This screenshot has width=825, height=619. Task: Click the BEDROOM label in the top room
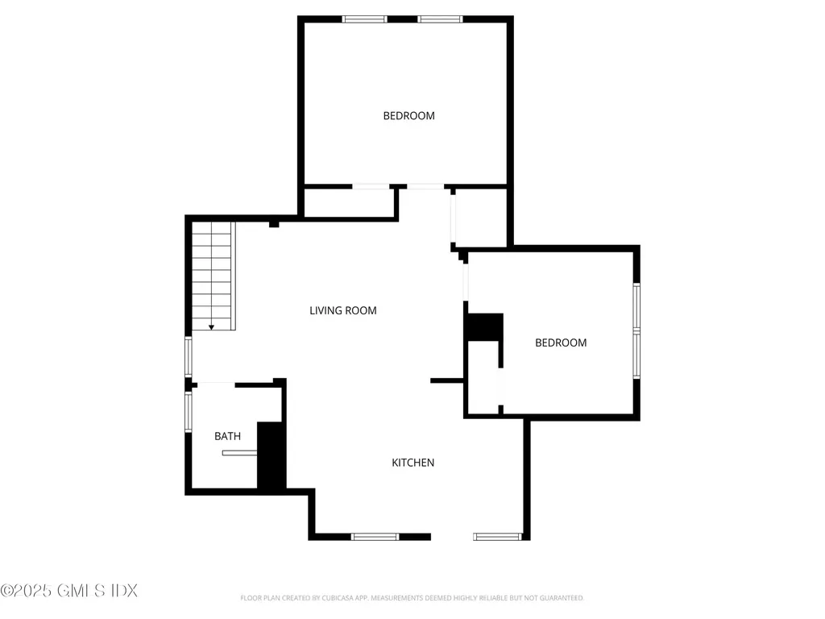(x=408, y=116)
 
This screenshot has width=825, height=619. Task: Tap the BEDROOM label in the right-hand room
(x=561, y=343)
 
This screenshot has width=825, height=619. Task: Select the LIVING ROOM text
(x=343, y=310)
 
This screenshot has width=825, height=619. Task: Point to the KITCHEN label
(x=413, y=463)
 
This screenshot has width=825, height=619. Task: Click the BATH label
(x=227, y=436)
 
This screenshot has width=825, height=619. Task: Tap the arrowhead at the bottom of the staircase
(x=211, y=327)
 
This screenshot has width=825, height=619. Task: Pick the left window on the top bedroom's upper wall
(x=364, y=19)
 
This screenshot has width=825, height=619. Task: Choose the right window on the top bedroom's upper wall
(x=440, y=19)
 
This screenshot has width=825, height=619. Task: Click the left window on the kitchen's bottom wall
(x=375, y=536)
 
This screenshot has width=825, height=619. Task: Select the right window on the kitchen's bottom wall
(x=497, y=536)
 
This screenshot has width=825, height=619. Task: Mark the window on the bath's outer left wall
(x=189, y=411)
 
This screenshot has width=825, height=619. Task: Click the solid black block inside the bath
(x=271, y=455)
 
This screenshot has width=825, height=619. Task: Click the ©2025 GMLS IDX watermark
(x=69, y=591)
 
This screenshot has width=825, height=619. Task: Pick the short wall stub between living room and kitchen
(x=446, y=380)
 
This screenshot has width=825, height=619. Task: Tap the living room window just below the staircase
(x=189, y=357)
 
